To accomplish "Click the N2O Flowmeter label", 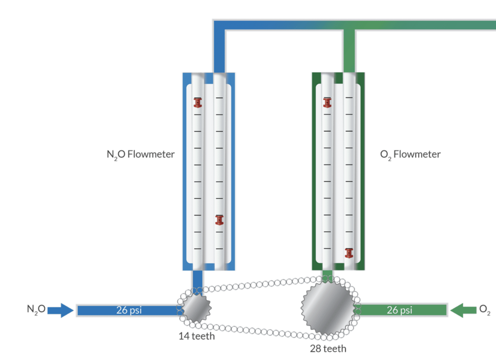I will [141, 154].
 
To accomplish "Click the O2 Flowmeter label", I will [410, 154].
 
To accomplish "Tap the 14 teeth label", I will [197, 336].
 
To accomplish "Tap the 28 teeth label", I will [328, 349].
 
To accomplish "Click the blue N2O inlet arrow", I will [60, 310].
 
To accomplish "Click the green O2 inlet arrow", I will [463, 310].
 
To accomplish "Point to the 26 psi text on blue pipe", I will [129, 310].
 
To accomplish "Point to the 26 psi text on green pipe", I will [399, 310].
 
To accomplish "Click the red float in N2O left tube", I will [198, 103].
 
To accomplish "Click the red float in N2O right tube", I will [219, 220].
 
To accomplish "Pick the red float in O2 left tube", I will [327, 103].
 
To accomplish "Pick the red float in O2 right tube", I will [349, 253].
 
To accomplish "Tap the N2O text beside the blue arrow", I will [36, 309].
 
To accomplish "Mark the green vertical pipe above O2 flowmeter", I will [349, 52].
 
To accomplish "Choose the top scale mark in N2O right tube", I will [219, 98].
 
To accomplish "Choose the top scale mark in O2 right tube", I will [349, 98].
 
